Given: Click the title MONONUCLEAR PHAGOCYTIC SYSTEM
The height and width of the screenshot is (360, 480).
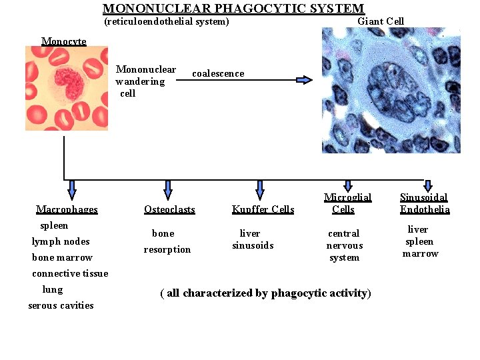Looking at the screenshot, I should click(x=233, y=9).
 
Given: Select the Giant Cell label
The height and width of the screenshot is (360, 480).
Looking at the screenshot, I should click(x=381, y=21).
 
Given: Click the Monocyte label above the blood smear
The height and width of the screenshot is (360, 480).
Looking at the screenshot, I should click(x=64, y=41).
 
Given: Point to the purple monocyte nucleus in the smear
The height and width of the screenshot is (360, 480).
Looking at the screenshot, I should click(x=69, y=83).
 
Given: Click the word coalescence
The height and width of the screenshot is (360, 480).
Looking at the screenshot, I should click(x=218, y=73).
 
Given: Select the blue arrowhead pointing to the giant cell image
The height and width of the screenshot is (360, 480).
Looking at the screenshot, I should click(x=304, y=80).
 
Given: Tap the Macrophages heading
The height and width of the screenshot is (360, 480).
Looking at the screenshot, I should click(x=67, y=209).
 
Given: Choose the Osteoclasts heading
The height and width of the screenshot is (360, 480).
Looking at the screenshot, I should click(x=169, y=209).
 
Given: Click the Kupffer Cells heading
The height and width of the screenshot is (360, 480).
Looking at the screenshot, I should click(x=263, y=209).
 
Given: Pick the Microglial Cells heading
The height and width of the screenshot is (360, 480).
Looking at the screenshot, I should click(x=347, y=203).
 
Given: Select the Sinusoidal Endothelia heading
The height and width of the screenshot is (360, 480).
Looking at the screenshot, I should click(x=425, y=203).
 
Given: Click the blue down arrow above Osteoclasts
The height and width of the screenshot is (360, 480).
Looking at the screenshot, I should click(x=168, y=189).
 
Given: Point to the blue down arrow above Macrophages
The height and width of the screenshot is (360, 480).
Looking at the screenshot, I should click(x=72, y=189).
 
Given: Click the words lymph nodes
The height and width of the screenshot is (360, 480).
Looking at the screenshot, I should click(x=61, y=241).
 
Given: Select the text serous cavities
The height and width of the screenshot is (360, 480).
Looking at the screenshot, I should click(x=61, y=305).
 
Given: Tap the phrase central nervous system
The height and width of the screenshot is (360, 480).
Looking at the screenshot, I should click(x=344, y=245).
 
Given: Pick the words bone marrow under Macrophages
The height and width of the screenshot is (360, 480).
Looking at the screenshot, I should click(x=62, y=257).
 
